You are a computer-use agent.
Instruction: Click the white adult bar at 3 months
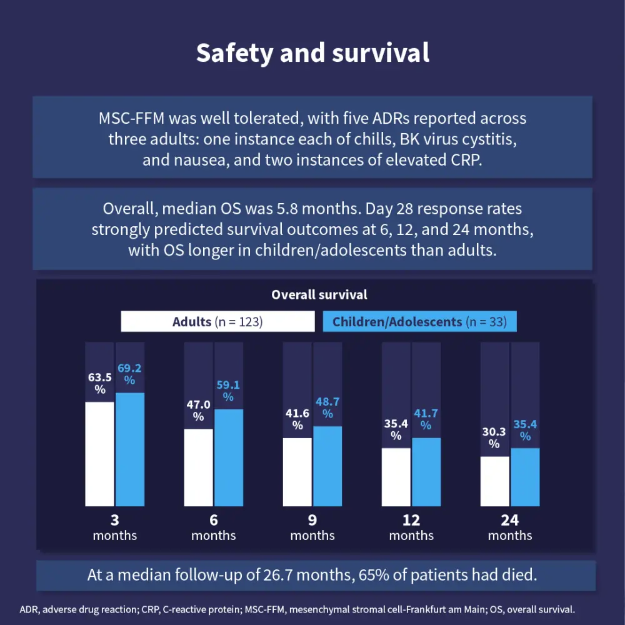coord(100,454)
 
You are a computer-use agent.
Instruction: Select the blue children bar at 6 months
coord(228,457)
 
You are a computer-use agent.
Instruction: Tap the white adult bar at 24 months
coord(494,481)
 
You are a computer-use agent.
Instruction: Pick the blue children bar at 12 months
coord(426,472)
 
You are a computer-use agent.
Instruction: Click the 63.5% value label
coord(100,382)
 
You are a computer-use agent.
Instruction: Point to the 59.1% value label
coord(228,390)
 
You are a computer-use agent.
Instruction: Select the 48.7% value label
coord(327,407)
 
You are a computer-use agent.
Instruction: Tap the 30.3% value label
coord(494,437)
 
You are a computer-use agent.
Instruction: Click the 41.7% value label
coord(426,419)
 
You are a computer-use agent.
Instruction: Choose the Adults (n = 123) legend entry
coord(217,322)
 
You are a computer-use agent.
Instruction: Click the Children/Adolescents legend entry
coord(419,322)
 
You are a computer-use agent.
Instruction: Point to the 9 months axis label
coord(312,527)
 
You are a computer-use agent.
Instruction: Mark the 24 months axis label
coord(510,527)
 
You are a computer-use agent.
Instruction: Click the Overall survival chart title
coord(319,294)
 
